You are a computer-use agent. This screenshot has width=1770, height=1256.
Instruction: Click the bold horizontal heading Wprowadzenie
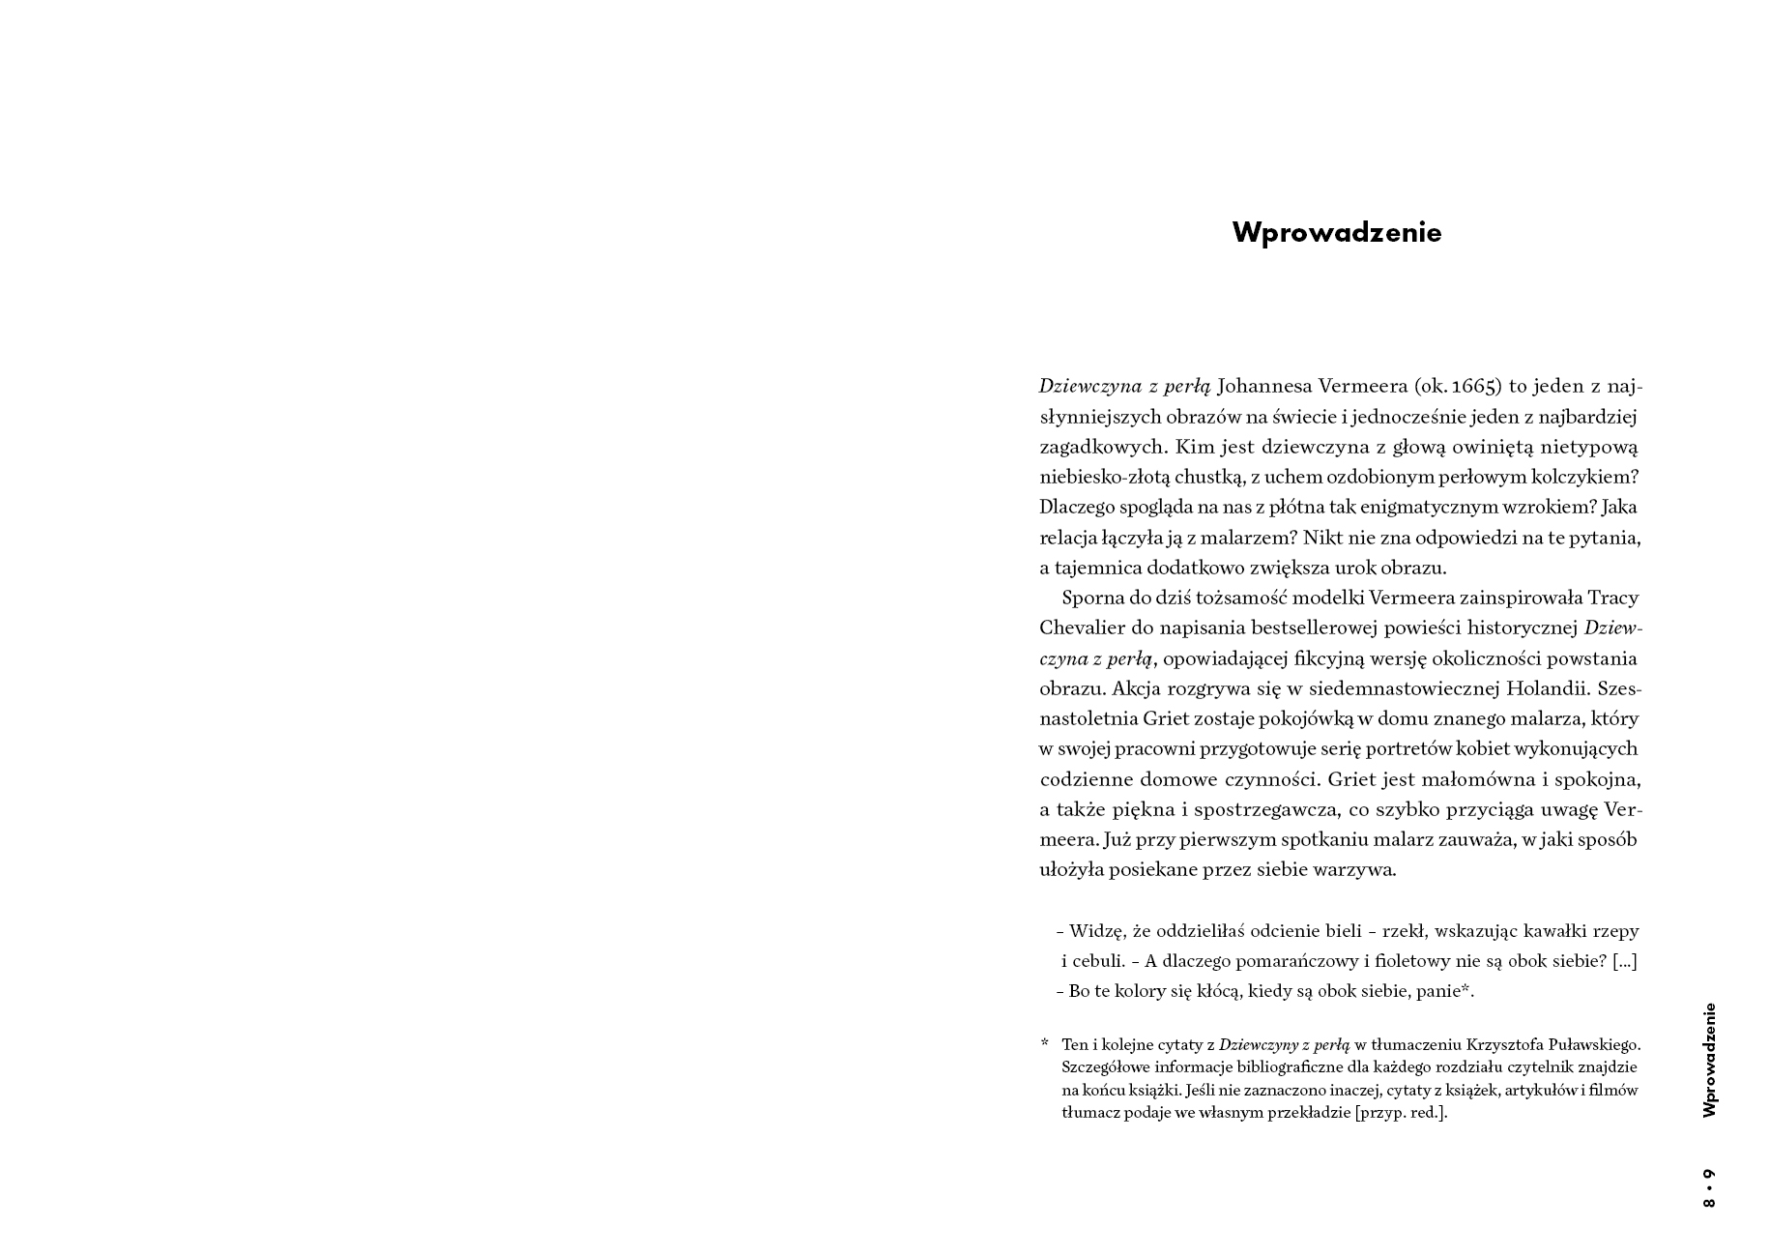click(x=1336, y=233)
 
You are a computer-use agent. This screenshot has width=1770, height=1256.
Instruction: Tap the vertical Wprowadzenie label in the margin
click(x=1709, y=1060)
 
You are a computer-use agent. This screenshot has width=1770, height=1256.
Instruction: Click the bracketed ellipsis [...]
click(x=1624, y=961)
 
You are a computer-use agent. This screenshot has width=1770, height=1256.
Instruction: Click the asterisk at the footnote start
click(x=1044, y=1043)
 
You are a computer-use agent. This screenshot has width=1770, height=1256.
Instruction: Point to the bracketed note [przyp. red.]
click(x=1401, y=1112)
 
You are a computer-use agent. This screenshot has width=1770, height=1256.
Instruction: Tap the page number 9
click(x=1709, y=1175)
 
